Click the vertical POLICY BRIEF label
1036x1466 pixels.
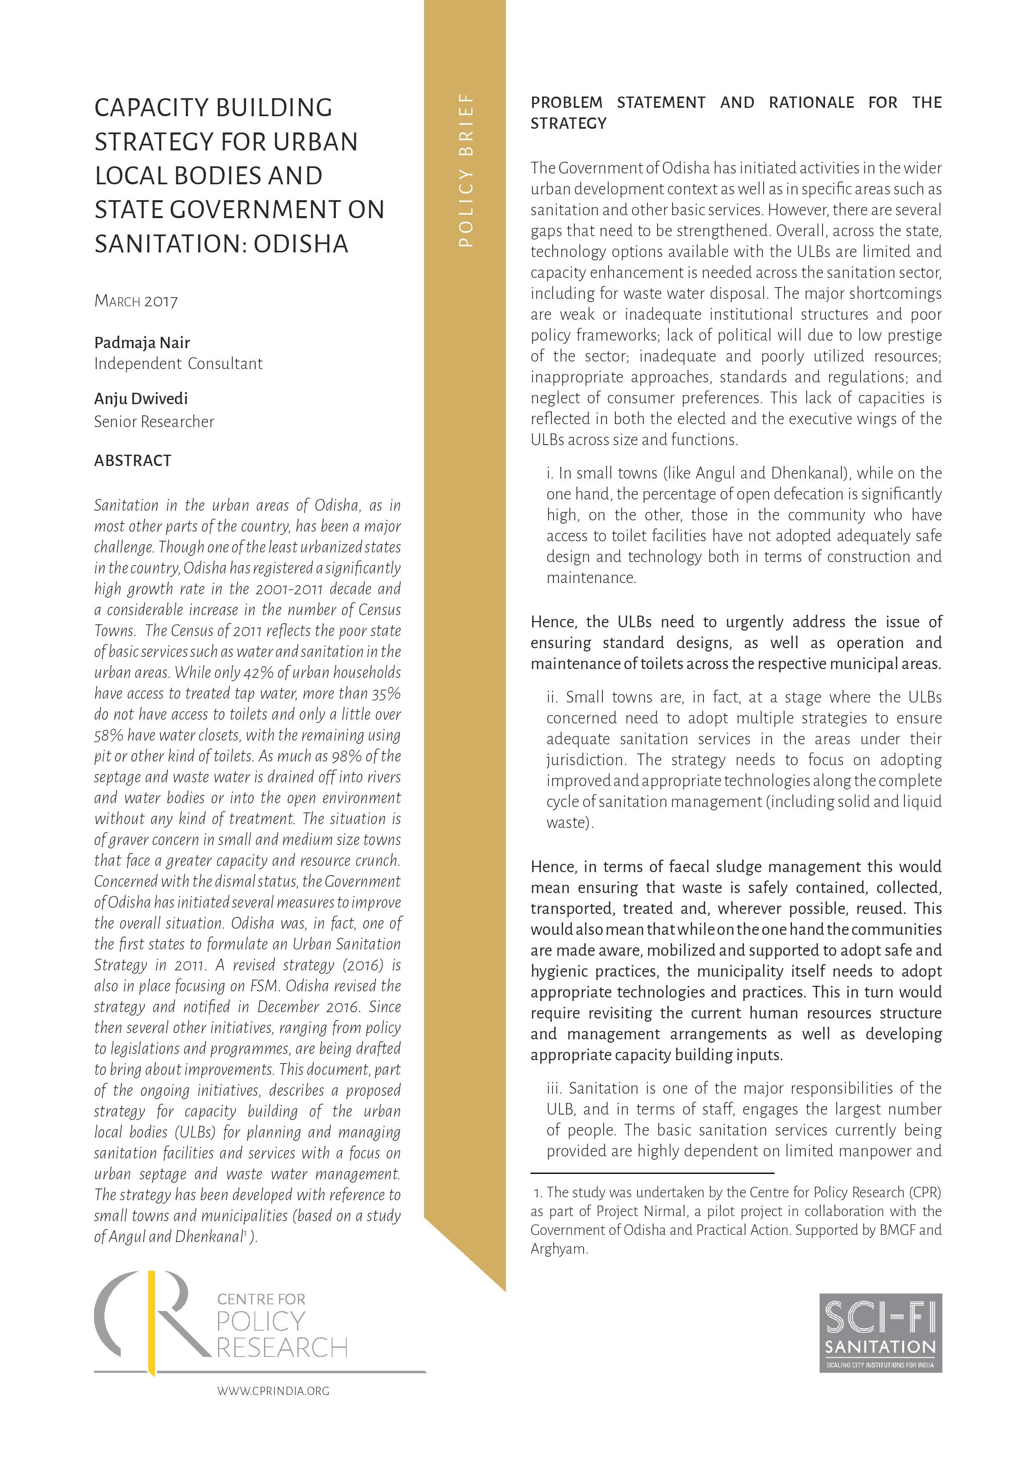pyautogui.click(x=465, y=171)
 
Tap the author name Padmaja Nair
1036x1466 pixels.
pyautogui.click(x=142, y=343)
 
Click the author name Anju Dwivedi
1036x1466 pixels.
pyautogui.click(x=140, y=399)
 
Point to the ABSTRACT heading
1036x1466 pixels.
pyautogui.click(x=133, y=461)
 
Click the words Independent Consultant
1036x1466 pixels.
pyautogui.click(x=178, y=364)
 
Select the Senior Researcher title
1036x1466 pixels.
pyautogui.click(x=154, y=421)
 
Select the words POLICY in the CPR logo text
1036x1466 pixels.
pyautogui.click(x=260, y=1321)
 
